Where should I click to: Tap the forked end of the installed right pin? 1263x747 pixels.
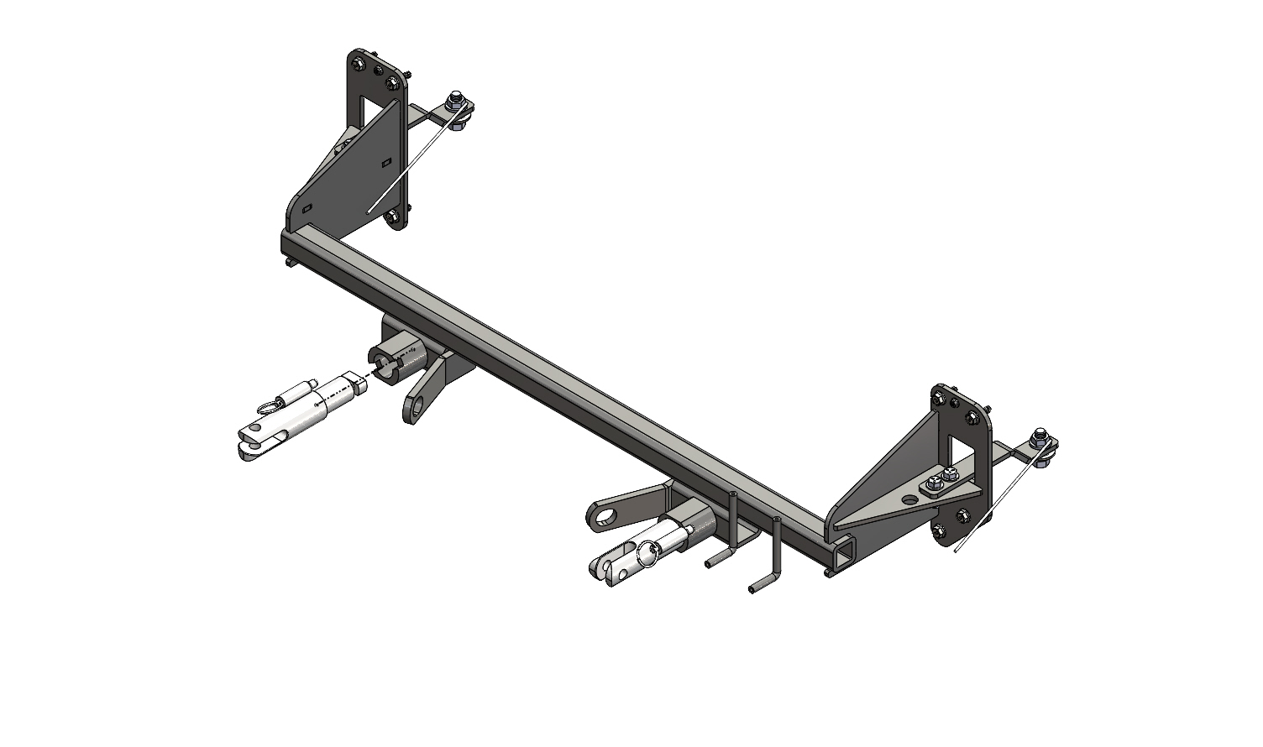coord(604,568)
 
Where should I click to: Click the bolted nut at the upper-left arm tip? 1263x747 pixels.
coord(454,98)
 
